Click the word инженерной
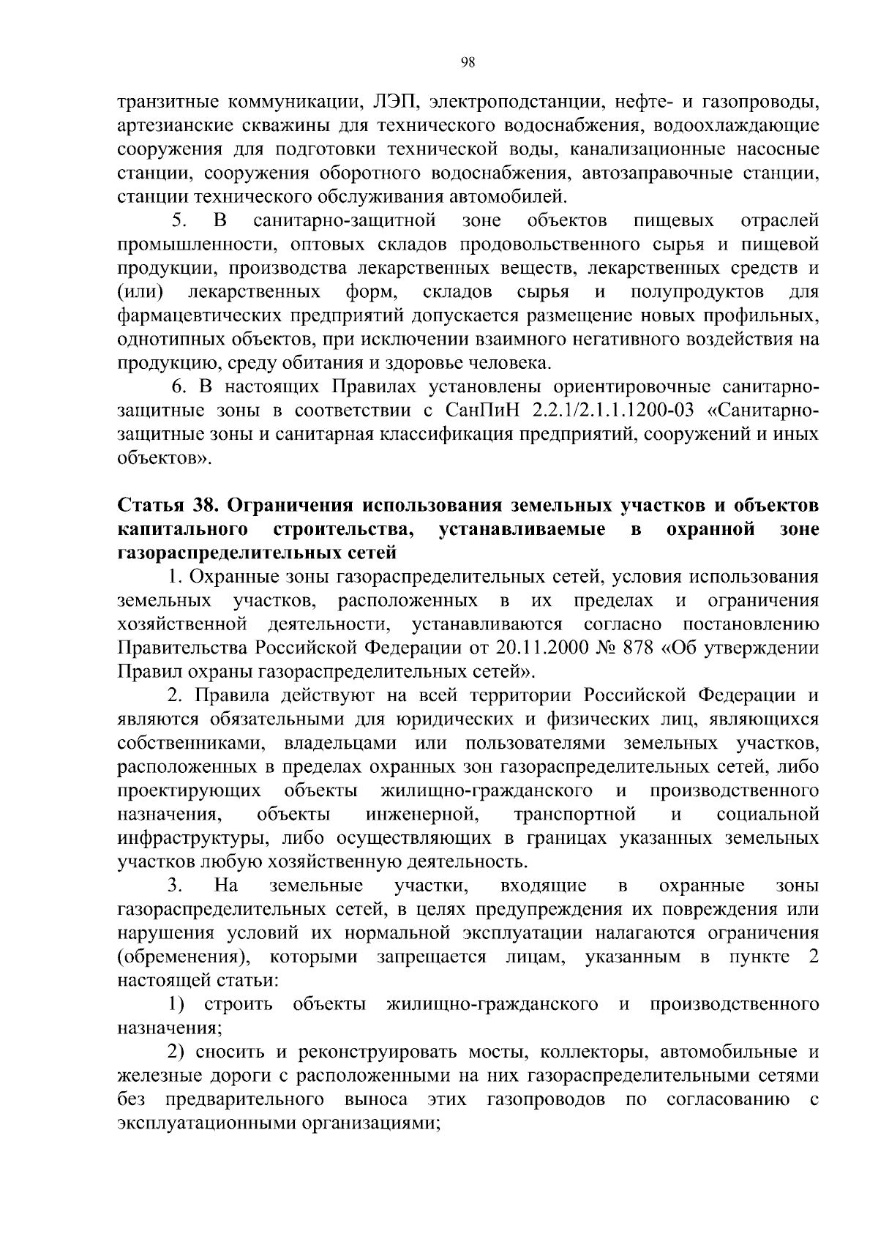[x=421, y=815]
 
